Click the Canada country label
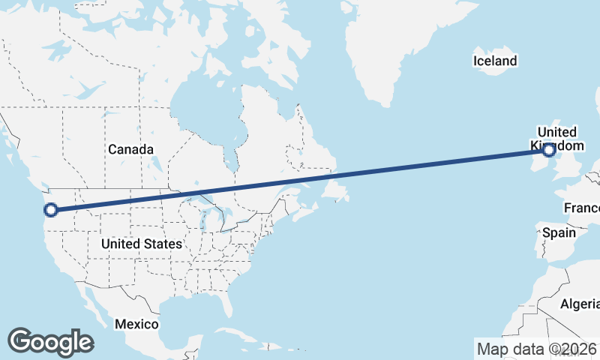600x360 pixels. tap(130, 149)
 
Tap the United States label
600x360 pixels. tap(141, 244)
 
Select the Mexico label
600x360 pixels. tap(136, 324)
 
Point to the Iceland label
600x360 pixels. tap(495, 61)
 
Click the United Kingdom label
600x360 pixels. tap(556, 138)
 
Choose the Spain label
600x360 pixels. tap(559, 232)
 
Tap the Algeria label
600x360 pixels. tap(580, 304)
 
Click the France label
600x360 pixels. tap(582, 208)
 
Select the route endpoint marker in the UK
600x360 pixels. tap(548, 150)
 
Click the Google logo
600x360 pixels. tap(50, 341)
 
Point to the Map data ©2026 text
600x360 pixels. tap(536, 349)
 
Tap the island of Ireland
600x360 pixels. tap(533, 159)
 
